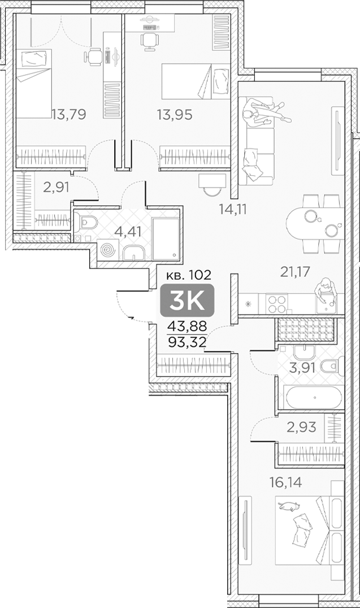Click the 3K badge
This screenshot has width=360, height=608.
point(187,300)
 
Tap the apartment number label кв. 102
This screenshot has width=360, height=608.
point(189,276)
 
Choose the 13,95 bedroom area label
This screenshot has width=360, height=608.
point(175,115)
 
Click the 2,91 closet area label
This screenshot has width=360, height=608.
point(56,187)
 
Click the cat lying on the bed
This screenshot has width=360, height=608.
point(289,506)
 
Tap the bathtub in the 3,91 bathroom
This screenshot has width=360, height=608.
point(313,397)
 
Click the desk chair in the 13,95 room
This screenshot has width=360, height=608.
point(149,39)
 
